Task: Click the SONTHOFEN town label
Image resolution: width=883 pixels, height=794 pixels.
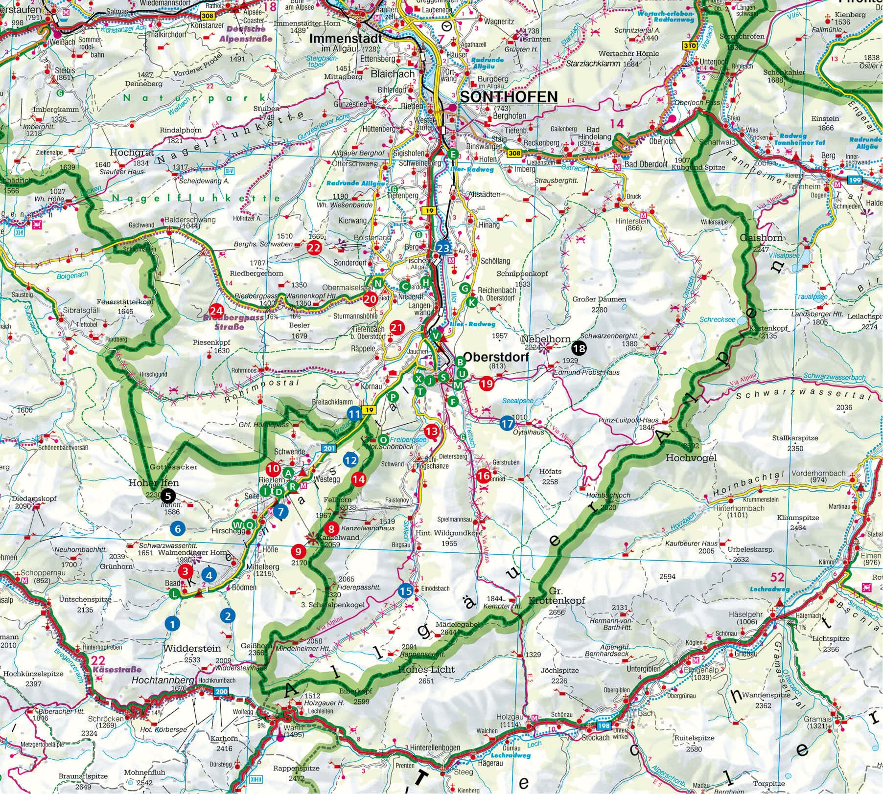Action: pos(509,96)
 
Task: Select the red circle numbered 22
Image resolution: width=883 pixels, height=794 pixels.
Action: pos(314,248)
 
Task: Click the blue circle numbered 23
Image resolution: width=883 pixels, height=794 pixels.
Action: pos(443,249)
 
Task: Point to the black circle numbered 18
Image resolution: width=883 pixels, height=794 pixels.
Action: pos(579,348)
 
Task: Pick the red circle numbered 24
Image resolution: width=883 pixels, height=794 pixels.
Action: pos(216,311)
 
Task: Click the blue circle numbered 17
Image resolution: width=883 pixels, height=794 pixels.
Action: pos(508,424)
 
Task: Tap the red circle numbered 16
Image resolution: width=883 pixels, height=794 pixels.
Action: pos(484,475)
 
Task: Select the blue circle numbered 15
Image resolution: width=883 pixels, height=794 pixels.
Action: pos(405,591)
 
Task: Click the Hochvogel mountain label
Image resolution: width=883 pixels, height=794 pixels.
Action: pos(691,458)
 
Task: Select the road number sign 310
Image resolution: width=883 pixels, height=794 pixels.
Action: pos(689,45)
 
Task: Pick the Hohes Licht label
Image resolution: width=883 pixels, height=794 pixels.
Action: pos(419,669)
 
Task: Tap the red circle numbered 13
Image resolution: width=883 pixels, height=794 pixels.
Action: pos(432,431)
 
